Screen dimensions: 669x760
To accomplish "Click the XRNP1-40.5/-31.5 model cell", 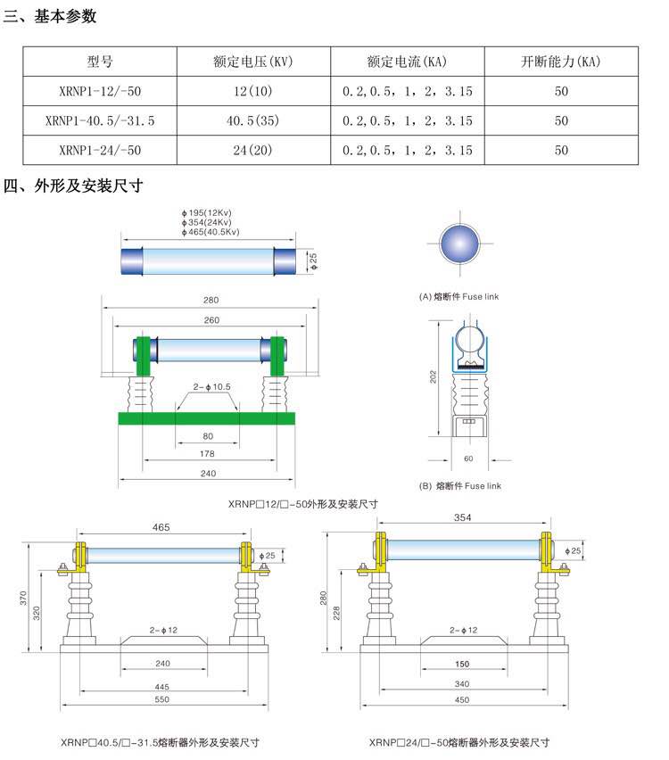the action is coord(100,120).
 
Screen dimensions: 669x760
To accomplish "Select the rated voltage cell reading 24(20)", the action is coord(253,150).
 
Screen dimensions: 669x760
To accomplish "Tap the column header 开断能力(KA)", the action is coord(561,62).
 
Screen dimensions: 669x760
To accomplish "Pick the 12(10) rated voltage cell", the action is coord(253,91).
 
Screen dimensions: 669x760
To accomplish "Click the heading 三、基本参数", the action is coord(51,16).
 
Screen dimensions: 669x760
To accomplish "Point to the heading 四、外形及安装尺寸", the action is coord(74,186).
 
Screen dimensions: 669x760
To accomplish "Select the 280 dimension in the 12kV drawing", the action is coord(211,300).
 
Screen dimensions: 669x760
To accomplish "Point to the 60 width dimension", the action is coord(468,457).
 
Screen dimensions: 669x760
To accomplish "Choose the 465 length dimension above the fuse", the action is coord(161,528).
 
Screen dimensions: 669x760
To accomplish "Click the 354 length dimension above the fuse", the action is coord(463,517).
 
